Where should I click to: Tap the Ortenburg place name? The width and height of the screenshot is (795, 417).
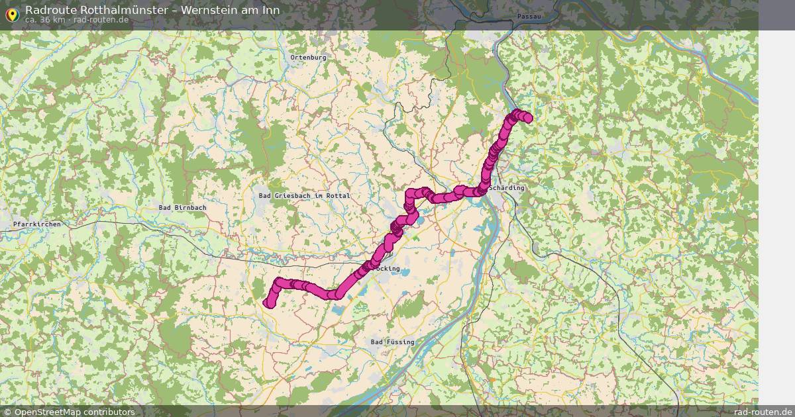(x=308, y=58)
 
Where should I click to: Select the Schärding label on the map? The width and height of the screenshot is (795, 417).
(x=507, y=188)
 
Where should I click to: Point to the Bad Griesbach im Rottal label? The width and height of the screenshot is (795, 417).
(x=304, y=196)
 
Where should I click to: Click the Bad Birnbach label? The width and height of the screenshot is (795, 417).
(x=182, y=208)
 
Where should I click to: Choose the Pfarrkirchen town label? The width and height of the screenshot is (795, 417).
(x=37, y=225)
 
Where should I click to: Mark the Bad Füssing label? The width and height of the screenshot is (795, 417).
(x=392, y=342)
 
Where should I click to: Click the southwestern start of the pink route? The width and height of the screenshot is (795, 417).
(x=268, y=303)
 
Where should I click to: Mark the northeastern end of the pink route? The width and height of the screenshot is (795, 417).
(x=528, y=118)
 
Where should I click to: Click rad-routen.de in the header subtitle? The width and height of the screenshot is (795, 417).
(x=101, y=20)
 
